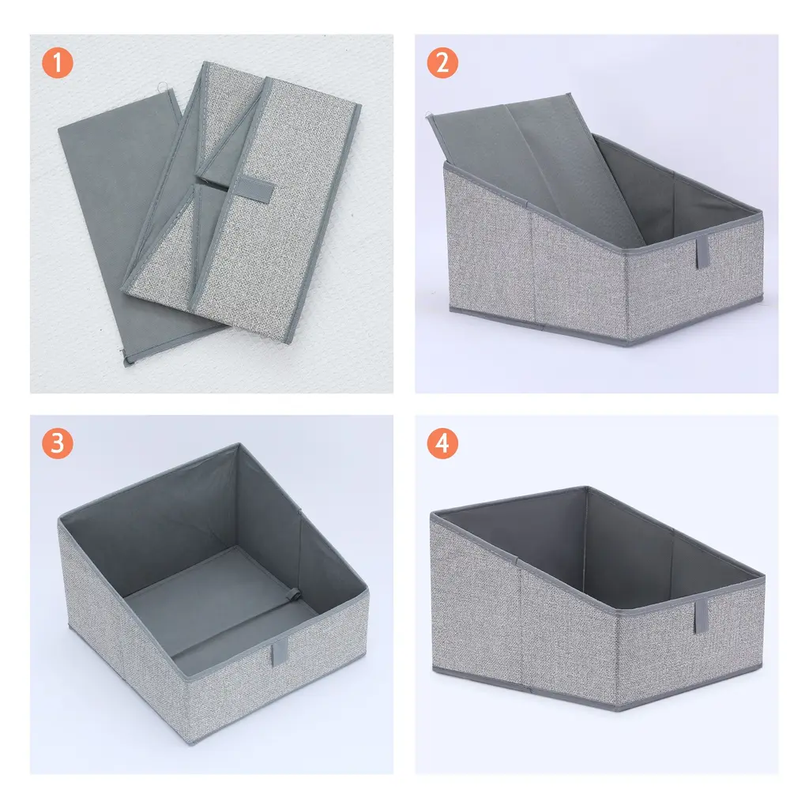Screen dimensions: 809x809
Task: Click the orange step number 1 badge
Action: [57, 62]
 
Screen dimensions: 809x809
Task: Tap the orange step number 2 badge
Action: [442, 62]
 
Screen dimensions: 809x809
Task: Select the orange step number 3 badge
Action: [57, 443]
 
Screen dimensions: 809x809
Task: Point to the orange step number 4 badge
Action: [442, 443]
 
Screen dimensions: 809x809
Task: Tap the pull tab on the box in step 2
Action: [702, 253]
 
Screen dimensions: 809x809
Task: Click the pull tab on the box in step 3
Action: [280, 651]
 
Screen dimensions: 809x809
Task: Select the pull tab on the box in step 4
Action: [702, 616]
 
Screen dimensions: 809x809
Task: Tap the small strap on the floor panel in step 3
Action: [293, 594]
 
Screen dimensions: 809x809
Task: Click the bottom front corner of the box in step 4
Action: [617, 709]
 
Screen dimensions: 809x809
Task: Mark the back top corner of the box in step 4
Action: [587, 487]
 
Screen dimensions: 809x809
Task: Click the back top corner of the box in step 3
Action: [238, 444]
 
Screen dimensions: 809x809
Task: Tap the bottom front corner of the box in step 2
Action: [627, 344]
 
